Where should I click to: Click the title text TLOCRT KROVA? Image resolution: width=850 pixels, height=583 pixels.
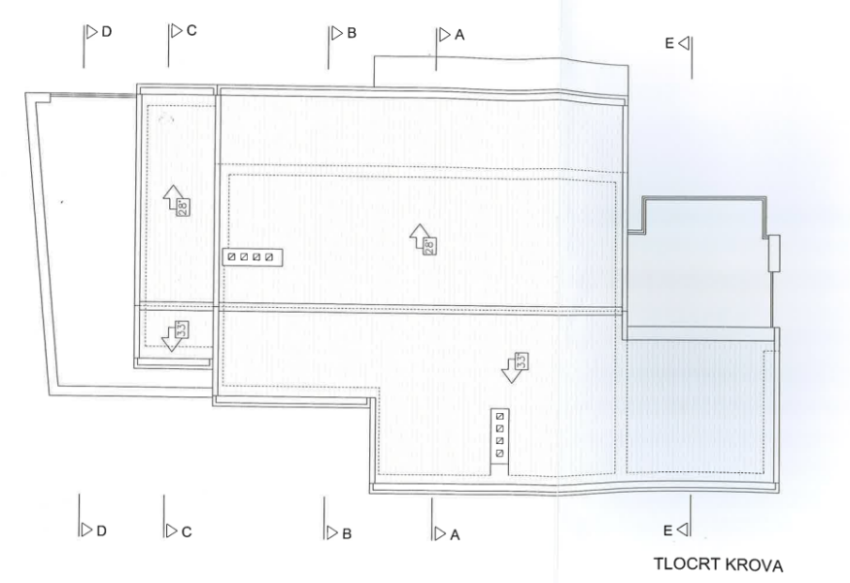pos(718,565)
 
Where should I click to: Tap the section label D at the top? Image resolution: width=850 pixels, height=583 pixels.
pos(106,32)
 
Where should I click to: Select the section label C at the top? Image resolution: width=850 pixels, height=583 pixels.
pos(191,31)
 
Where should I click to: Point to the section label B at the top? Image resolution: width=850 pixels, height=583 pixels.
pos(352,34)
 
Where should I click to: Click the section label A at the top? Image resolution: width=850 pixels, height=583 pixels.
pos(459,35)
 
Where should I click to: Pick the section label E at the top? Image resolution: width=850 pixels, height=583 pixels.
pos(669,44)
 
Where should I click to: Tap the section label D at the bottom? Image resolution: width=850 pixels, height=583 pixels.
pos(101,531)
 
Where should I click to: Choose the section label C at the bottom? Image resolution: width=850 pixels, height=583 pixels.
pos(187,532)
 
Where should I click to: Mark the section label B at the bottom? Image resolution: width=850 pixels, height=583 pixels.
pos(347,534)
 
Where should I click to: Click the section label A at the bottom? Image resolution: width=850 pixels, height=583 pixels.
pos(455,535)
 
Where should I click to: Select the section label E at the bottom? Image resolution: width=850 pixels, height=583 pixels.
pos(668,531)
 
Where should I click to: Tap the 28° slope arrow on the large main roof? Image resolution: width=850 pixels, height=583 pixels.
pos(422,239)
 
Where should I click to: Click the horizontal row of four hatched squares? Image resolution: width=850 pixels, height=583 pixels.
pos(253,257)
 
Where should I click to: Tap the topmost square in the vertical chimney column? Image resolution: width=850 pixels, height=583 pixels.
pos(500,417)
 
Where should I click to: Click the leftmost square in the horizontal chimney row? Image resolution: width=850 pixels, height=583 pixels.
pos(232,257)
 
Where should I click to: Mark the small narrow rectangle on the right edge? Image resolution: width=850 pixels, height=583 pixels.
pos(774,254)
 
